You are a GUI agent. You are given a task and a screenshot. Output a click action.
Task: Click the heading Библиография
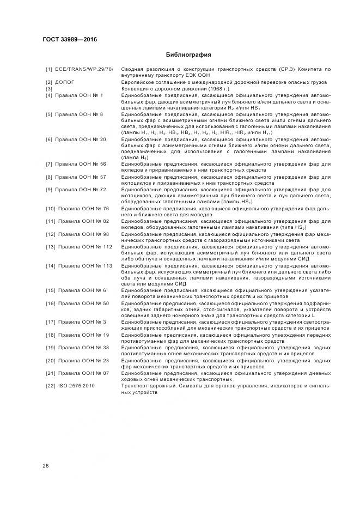pos(188,55)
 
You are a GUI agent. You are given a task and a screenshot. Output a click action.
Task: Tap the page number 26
pos(46,465)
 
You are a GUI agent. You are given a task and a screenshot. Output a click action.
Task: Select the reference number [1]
pos(49,69)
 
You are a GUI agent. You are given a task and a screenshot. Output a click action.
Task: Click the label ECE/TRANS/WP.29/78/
pos(84,69)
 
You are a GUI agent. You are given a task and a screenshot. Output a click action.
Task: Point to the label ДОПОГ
pos(65,82)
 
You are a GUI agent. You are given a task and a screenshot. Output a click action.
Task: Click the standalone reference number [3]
pos(49,89)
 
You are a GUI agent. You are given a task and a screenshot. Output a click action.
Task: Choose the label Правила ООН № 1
pos(79,95)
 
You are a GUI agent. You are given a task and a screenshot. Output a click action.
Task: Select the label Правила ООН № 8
pos(79,114)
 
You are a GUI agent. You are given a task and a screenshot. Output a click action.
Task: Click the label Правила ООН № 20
pos(81,139)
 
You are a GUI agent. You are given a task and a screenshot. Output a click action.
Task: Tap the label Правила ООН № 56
pos(81,165)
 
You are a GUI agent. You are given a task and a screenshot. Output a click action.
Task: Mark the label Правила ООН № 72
pos(81,190)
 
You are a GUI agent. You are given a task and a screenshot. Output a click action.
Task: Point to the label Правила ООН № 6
pos(82,290)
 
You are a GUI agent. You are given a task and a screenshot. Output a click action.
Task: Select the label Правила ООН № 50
pos(83,303)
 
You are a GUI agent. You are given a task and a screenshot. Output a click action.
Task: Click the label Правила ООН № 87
pos(83,373)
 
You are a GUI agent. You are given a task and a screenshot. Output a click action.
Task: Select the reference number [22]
pos(51,386)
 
